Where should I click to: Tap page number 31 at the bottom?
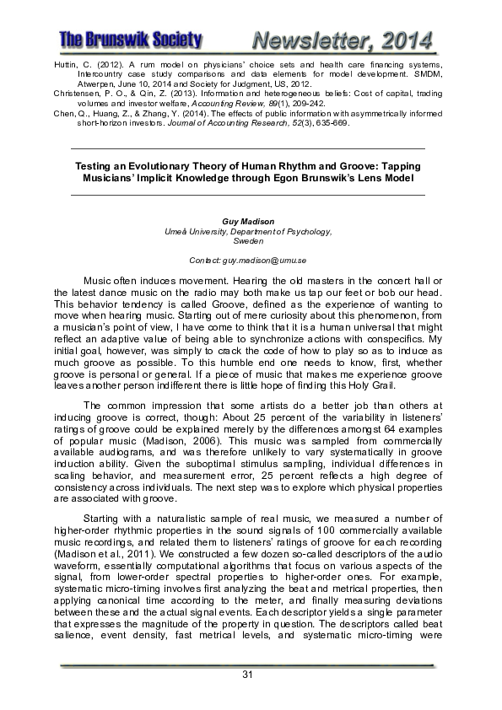pos(248,673)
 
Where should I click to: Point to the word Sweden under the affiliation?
pos(247,240)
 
